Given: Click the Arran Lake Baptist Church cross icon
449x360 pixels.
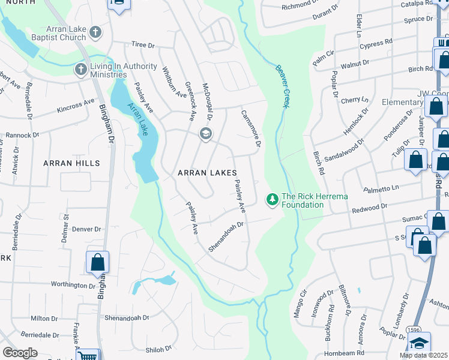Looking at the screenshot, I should pyautogui.click(x=95, y=31).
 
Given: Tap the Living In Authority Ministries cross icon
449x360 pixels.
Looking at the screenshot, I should pyautogui.click(x=80, y=70).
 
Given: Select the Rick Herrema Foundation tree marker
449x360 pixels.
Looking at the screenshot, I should pyautogui.click(x=272, y=198).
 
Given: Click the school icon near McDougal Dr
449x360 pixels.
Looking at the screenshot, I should pyautogui.click(x=205, y=133).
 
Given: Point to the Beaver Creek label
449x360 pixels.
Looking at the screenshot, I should pyautogui.click(x=280, y=85).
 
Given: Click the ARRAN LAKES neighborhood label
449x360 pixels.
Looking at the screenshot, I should pyautogui.click(x=211, y=173).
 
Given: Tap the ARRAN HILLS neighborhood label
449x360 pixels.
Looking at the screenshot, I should pyautogui.click(x=71, y=163).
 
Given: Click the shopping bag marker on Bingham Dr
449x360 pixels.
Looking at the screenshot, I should pyautogui.click(x=97, y=263).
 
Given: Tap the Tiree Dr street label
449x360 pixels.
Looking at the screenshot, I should pyautogui.click(x=143, y=45).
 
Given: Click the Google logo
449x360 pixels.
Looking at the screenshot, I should pyautogui.click(x=20, y=353).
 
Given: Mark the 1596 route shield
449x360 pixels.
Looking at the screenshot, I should pyautogui.click(x=414, y=330).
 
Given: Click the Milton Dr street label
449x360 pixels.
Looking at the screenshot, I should pyautogui.click(x=44, y=319).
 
